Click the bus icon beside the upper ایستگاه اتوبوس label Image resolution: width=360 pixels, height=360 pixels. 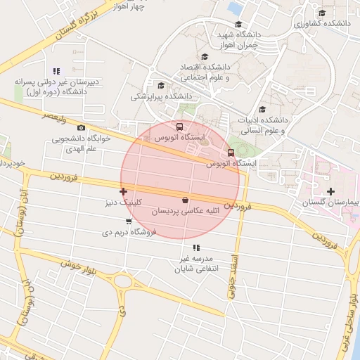(x=180, y=127)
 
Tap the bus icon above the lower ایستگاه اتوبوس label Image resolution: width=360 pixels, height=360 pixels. (x=231, y=153)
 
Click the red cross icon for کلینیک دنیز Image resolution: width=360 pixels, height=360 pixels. (x=124, y=191)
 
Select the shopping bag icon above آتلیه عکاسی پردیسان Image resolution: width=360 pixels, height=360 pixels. (x=185, y=200)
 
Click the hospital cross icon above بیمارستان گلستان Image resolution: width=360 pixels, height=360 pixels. (x=330, y=191)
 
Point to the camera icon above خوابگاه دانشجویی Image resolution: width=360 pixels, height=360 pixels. (x=82, y=127)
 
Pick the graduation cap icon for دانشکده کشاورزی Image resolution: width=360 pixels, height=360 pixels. (x=322, y=13)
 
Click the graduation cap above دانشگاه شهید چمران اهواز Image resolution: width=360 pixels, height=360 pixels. (x=239, y=24)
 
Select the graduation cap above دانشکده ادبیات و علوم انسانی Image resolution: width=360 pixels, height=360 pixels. (x=262, y=109)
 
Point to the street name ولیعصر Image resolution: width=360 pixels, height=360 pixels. (x=53, y=116)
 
